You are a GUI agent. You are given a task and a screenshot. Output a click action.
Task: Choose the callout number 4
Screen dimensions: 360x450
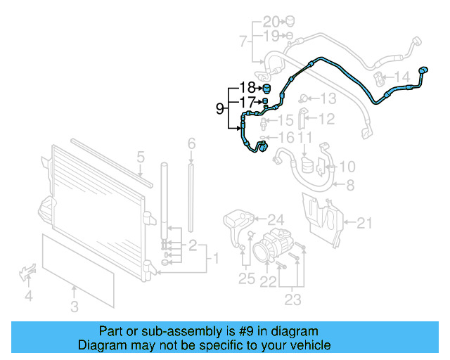(29, 296)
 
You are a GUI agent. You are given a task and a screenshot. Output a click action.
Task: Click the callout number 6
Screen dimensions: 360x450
(191, 144)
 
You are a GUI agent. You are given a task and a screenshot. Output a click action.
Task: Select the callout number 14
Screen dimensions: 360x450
(401, 76)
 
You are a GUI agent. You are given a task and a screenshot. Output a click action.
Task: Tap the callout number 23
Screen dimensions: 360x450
(292, 300)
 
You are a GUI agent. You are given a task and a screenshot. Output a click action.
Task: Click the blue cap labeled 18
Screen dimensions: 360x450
(266, 88)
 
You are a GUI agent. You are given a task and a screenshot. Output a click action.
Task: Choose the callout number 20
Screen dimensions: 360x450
(271, 20)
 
